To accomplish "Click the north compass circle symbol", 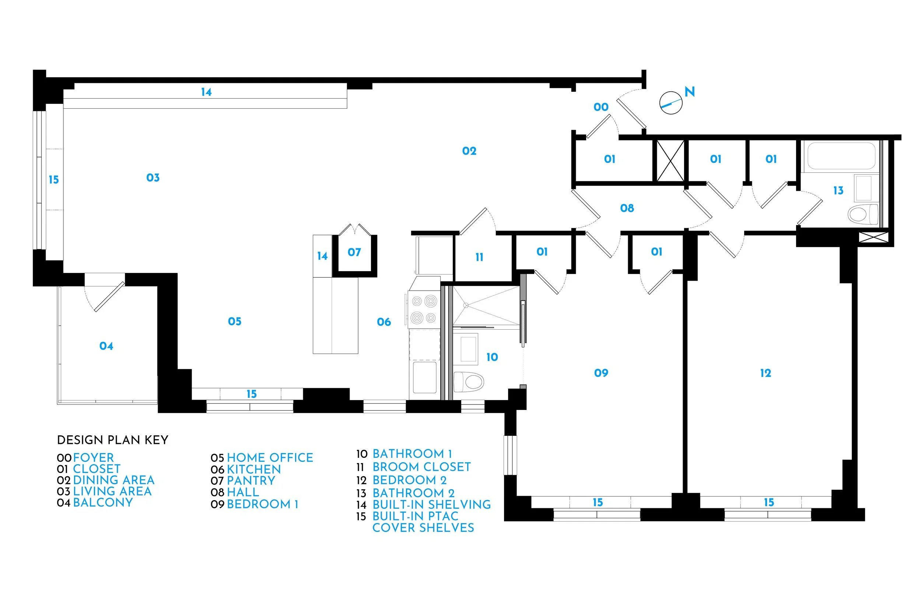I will tap(670, 103).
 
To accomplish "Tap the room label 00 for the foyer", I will tap(601, 107).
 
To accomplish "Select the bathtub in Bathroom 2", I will tap(841, 156).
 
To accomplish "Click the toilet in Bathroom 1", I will tap(469, 382).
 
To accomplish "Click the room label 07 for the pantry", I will tap(354, 252).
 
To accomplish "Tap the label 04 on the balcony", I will tap(106, 346).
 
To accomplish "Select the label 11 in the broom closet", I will tap(479, 257).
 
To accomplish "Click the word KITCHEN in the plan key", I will tap(254, 469).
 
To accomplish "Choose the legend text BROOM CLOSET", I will tap(421, 467).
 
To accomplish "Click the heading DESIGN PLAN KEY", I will tap(113, 440).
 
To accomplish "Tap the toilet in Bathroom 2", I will tap(862, 214).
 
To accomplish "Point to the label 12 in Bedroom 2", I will tap(766, 373).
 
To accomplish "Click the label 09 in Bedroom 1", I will tap(601, 373).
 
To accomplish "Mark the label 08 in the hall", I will tap(627, 208).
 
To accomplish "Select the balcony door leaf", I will tap(109, 297).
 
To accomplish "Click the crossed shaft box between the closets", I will tap(670, 161).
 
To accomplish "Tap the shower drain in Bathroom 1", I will tap(466, 305).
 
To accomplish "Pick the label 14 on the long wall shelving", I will tap(206, 92).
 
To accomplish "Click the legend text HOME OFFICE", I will tap(270, 458).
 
